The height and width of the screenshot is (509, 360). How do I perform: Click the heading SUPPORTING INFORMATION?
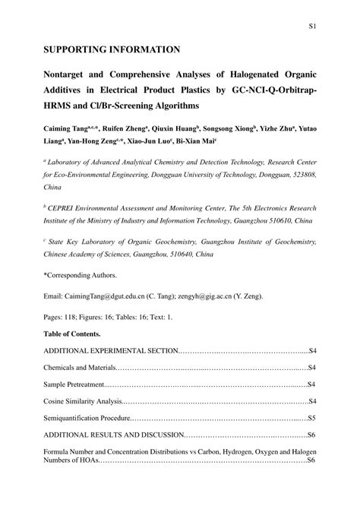(x=112, y=50)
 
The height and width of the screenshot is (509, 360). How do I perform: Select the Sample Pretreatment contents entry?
(x=75, y=384)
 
